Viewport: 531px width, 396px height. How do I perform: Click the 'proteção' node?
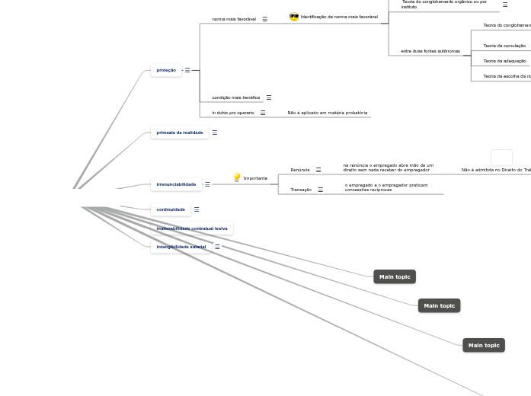click(x=166, y=70)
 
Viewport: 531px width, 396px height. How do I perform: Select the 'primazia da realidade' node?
click(x=180, y=133)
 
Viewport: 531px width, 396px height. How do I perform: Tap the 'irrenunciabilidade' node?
click(x=176, y=184)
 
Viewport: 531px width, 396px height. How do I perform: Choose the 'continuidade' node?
click(x=171, y=209)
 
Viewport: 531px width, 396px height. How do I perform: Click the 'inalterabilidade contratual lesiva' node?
click(x=192, y=228)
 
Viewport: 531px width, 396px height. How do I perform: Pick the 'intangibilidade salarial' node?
click(x=181, y=247)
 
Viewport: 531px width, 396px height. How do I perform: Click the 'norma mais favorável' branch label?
click(x=234, y=19)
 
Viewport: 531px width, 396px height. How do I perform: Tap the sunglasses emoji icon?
click(x=294, y=17)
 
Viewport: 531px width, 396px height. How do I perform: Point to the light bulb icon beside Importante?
click(x=237, y=178)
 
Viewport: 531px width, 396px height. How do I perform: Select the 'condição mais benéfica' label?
click(x=236, y=97)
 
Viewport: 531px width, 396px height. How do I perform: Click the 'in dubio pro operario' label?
click(x=233, y=113)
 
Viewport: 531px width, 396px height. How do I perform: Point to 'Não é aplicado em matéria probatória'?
click(x=327, y=113)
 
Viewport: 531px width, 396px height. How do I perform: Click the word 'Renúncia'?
click(x=300, y=170)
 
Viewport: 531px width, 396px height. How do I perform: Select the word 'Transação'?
click(x=301, y=190)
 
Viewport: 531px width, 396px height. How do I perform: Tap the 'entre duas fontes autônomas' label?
click(x=430, y=51)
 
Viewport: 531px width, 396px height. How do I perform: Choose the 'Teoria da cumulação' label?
click(x=504, y=46)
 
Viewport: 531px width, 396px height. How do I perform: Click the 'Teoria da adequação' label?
click(x=504, y=61)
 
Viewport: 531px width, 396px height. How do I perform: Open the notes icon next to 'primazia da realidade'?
click(x=215, y=133)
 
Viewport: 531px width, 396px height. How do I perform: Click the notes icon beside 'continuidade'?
click(x=197, y=209)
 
